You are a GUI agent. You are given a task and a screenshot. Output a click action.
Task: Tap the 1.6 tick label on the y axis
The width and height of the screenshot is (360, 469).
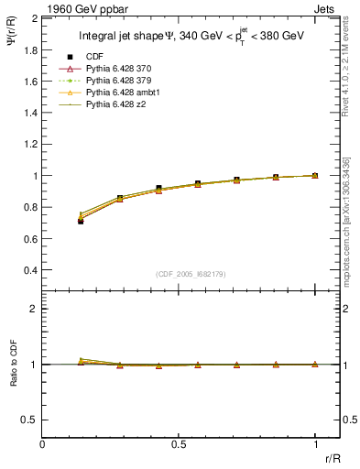[x=29, y=81]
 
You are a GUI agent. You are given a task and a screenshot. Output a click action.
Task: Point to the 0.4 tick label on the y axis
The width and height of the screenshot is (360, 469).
[x=29, y=270]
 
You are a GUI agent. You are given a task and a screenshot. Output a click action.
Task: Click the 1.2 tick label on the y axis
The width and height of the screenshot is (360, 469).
[x=29, y=144]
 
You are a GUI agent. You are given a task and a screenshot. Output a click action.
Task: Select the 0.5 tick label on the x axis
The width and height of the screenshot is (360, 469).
[x=179, y=445]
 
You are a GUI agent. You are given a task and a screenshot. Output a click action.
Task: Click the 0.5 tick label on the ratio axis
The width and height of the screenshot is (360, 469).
[x=29, y=420]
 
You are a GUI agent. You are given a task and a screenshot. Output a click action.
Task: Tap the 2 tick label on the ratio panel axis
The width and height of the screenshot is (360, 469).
[x=33, y=309]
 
